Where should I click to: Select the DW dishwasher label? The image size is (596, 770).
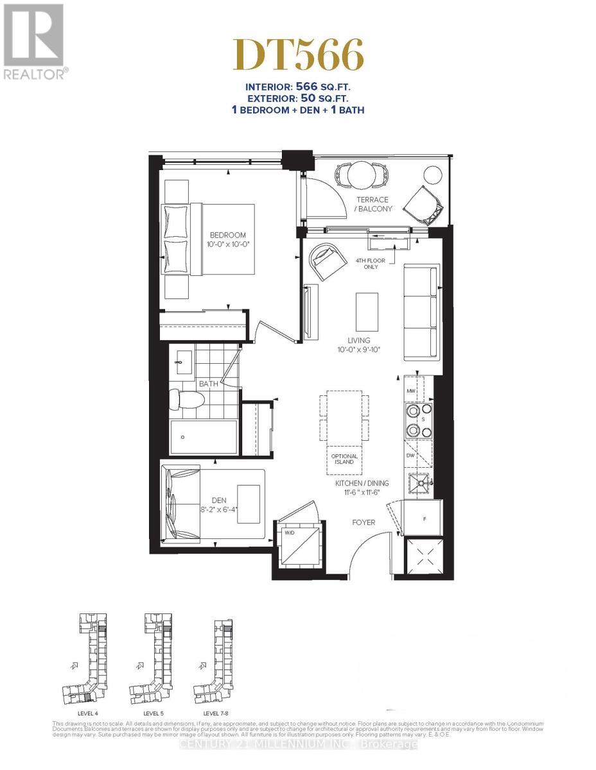coord(410,454)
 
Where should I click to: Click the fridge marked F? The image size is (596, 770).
coord(423,517)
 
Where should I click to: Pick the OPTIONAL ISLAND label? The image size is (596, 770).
coord(345,459)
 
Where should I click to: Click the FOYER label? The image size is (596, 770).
coord(363,522)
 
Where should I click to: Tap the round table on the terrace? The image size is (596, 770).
coord(361,173)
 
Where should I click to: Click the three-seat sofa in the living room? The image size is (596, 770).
coord(421,312)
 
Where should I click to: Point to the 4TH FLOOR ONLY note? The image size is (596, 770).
coord(367,263)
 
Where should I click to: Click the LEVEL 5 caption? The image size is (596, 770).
coord(153,714)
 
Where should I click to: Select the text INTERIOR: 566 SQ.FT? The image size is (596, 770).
coord(298,87)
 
